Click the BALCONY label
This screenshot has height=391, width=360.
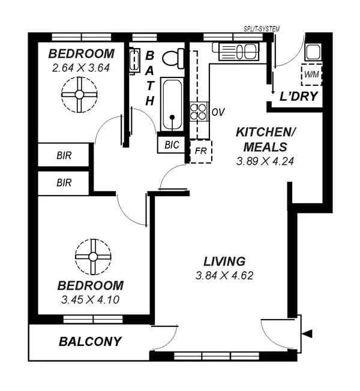[x=90, y=342]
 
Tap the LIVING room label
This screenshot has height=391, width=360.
[x=224, y=261]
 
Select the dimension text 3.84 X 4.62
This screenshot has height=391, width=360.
[x=224, y=276]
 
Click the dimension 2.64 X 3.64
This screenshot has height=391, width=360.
[x=80, y=67]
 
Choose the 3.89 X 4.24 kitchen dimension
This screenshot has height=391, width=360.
[x=265, y=161]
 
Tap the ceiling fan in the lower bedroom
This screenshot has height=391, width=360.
[x=93, y=256]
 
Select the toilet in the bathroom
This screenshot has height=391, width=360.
[x=173, y=58]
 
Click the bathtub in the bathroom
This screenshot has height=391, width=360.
[x=172, y=104]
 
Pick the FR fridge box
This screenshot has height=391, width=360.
[x=200, y=151]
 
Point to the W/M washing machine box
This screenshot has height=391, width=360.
[x=311, y=74]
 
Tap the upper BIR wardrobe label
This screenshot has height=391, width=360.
[x=64, y=156]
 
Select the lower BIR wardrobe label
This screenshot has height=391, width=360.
[x=64, y=184]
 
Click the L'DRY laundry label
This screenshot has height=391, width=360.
[x=295, y=97]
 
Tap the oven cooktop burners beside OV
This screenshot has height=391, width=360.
[x=198, y=112]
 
